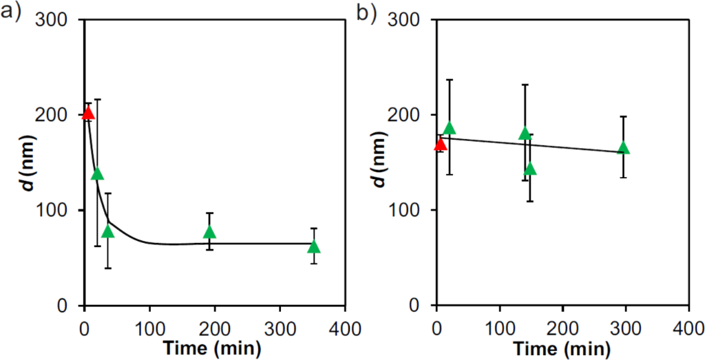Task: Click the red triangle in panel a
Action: coord(88,112)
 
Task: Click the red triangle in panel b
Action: coord(441,144)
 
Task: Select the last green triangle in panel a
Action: coord(314,247)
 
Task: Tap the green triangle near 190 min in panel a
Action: coord(209,232)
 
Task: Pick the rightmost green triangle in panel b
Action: coord(624,148)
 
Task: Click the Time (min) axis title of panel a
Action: coord(213,348)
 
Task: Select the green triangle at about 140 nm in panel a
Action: coord(98,173)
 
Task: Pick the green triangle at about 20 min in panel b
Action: coord(450,128)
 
